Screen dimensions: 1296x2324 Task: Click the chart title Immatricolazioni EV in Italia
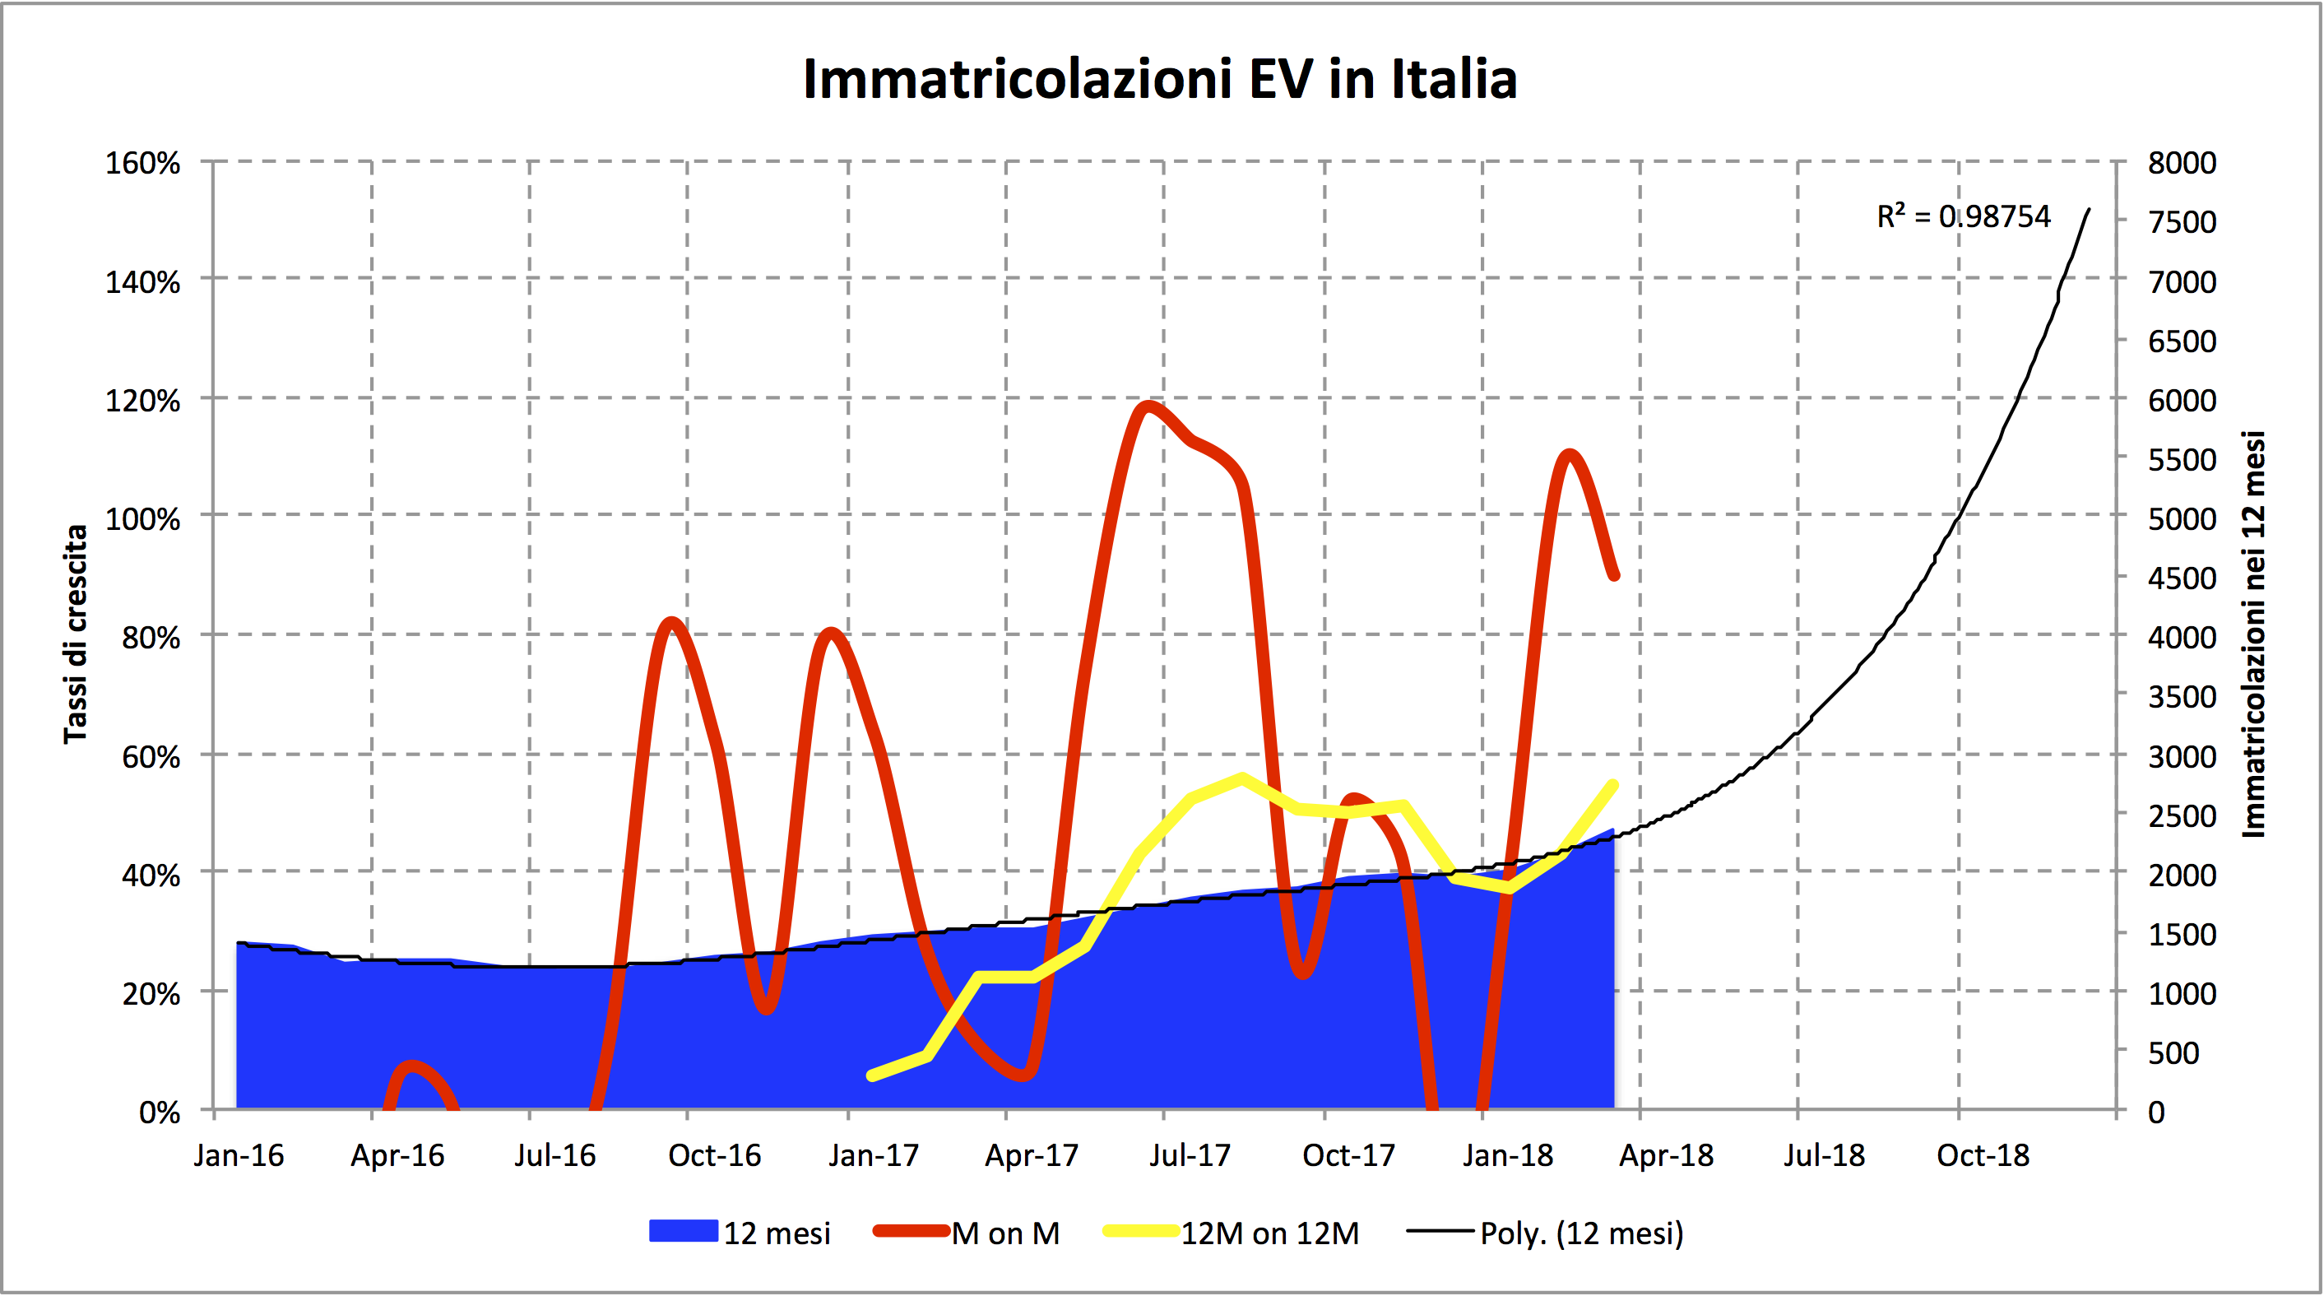pyautogui.click(x=1160, y=80)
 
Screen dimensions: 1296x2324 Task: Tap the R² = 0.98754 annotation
pyautogui.click(x=1963, y=216)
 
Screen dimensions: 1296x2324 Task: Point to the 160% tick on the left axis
pyautogui.click(x=142, y=164)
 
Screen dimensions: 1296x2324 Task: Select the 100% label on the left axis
pyautogui.click(x=142, y=519)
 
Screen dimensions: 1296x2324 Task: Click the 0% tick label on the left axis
pyautogui.click(x=159, y=1112)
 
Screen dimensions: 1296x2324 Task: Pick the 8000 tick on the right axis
pyautogui.click(x=2182, y=164)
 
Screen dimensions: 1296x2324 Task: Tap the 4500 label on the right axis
pyautogui.click(x=2182, y=578)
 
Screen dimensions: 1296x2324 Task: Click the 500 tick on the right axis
pyautogui.click(x=2173, y=1052)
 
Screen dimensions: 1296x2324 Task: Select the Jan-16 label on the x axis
pyautogui.click(x=239, y=1155)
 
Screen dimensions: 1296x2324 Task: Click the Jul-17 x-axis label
pyautogui.click(x=1189, y=1155)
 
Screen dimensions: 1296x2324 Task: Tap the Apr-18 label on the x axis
pyautogui.click(x=1665, y=1155)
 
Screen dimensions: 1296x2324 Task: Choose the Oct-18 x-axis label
pyautogui.click(x=1983, y=1155)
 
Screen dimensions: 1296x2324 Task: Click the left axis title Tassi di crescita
pyautogui.click(x=76, y=634)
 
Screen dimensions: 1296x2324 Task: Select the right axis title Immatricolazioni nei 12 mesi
pyautogui.click(x=2252, y=634)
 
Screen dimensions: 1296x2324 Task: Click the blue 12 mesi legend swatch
pyautogui.click(x=684, y=1231)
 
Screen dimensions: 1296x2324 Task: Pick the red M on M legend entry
pyautogui.click(x=967, y=1233)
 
